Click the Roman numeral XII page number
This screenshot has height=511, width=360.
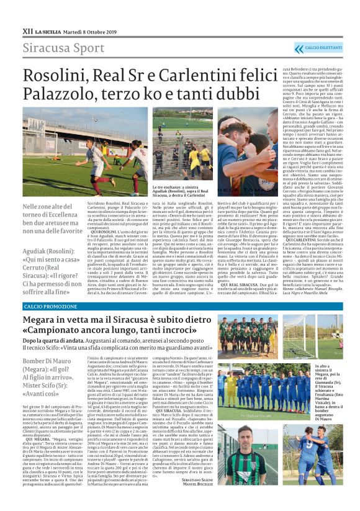(27, 29)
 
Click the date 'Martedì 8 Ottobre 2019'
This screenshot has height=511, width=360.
(91, 30)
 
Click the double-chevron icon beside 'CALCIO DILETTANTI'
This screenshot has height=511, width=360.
(300, 48)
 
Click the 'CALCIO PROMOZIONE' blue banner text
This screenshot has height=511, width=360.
(51, 306)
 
